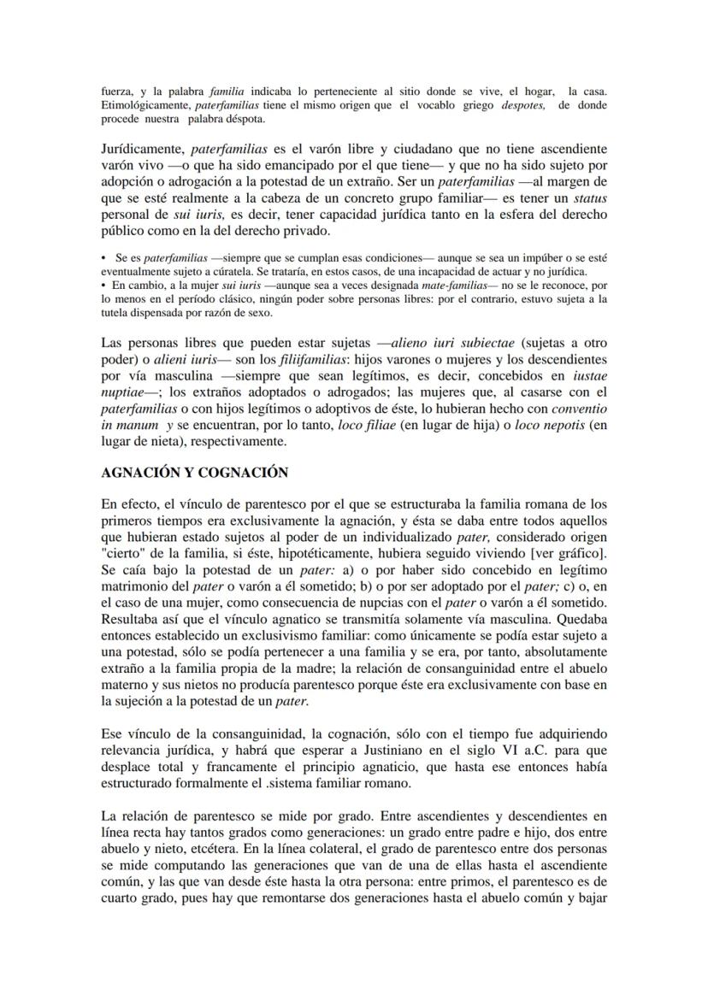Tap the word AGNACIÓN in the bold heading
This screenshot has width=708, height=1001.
[x=137, y=473]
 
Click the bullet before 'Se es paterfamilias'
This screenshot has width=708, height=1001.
[x=103, y=256]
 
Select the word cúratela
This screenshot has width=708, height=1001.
[x=232, y=268]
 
